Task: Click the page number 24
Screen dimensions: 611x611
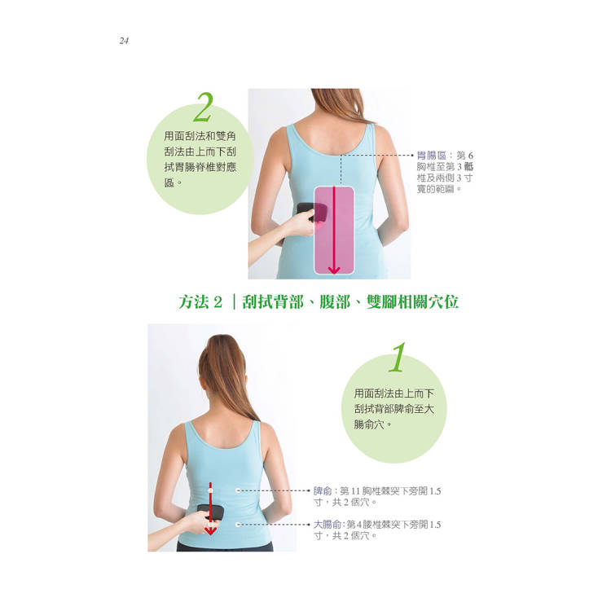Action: point(124,41)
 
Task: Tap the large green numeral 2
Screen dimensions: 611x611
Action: point(203,108)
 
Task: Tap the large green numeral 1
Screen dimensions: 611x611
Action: point(398,357)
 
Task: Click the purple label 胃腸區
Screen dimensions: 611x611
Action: point(431,156)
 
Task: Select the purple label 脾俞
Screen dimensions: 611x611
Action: point(323,491)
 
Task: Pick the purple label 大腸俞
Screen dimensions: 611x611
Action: point(327,525)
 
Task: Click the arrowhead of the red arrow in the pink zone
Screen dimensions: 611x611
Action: point(334,270)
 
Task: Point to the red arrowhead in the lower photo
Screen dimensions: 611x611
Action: point(210,530)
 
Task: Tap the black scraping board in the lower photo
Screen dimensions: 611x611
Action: point(211,512)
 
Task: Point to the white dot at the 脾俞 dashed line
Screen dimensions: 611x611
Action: point(238,491)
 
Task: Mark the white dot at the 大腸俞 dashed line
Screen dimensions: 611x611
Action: point(238,525)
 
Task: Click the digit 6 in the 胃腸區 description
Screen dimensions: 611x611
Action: point(470,156)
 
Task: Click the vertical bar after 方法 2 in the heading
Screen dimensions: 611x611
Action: point(234,302)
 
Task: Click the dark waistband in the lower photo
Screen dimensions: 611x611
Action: point(225,547)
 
